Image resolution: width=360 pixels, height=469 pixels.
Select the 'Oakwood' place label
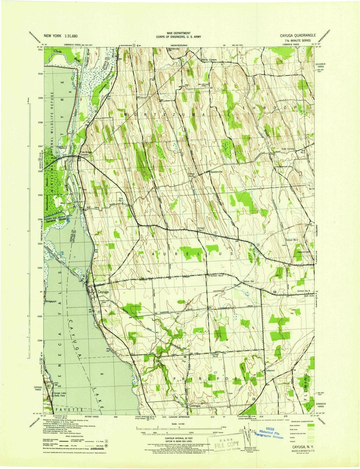point(270,370)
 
